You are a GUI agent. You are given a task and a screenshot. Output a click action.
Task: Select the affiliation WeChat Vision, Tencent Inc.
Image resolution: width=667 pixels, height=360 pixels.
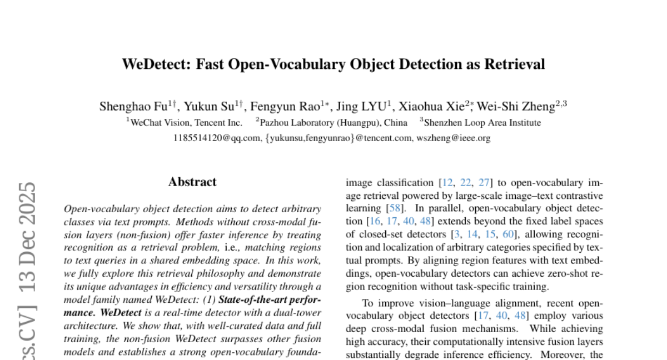[186, 123]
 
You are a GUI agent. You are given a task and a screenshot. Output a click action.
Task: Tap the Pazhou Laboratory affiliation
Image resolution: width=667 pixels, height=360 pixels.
[333, 123]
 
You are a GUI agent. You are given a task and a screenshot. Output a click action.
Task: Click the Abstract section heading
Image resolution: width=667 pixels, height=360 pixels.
[192, 182]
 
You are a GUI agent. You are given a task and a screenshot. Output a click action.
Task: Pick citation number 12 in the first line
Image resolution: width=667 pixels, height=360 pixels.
[447, 182]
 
